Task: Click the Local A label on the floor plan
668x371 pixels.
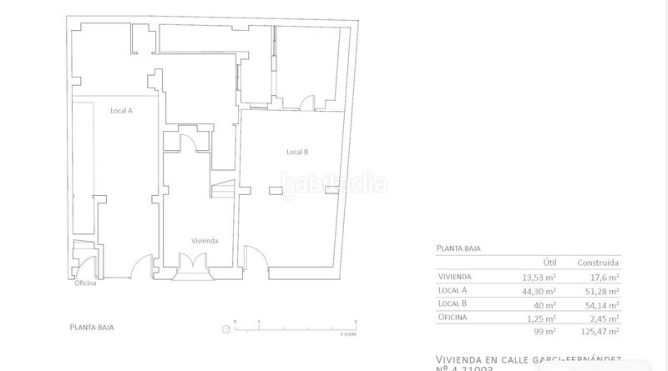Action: tap(121, 110)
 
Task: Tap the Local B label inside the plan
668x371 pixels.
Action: tap(297, 152)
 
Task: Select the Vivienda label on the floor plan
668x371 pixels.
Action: tap(205, 240)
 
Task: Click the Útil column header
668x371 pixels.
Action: tap(549, 262)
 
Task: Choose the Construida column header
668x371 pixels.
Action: tap(600, 262)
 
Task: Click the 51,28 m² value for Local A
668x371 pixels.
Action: tap(601, 290)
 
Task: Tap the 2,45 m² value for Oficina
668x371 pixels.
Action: tap(603, 317)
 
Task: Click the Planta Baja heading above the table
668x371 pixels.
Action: tap(459, 248)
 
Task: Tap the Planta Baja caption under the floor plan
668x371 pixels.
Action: tap(93, 327)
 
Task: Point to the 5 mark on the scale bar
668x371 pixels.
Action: tap(357, 321)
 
